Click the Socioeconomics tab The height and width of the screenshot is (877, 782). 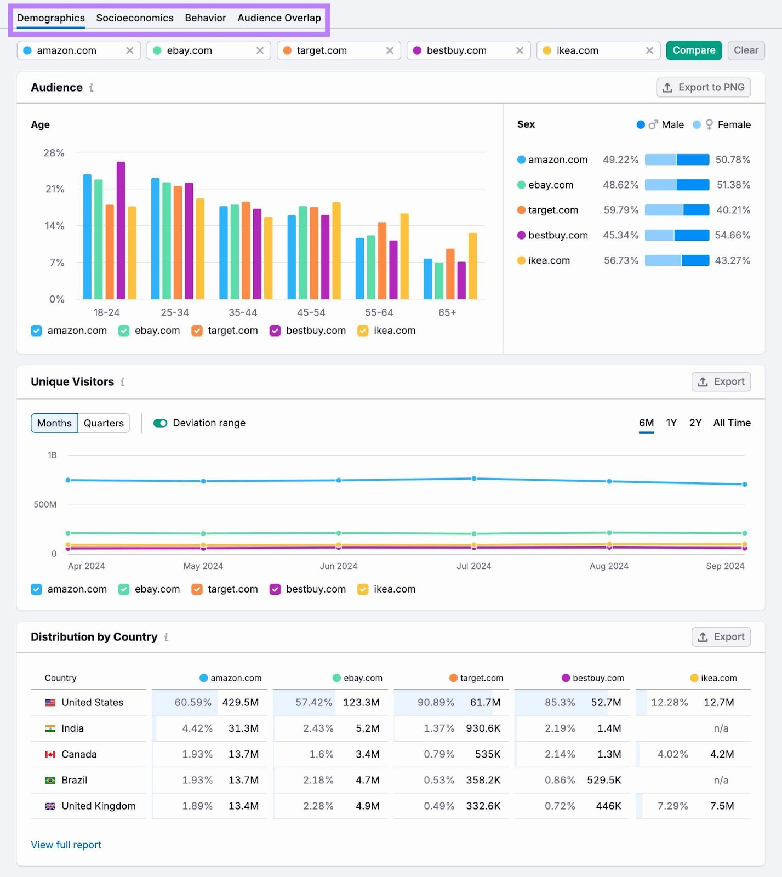point(135,18)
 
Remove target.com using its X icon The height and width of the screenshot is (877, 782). point(390,50)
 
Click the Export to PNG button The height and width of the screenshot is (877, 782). point(703,88)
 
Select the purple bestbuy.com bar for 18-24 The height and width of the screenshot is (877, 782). point(121,230)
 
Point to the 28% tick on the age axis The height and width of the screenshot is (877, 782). point(54,153)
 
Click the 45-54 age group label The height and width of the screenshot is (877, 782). point(311,312)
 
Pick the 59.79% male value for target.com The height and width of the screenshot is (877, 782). point(620,210)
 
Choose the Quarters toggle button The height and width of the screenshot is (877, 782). point(104,423)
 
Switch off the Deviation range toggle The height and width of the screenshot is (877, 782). point(160,423)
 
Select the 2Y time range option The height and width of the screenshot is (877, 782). point(695,423)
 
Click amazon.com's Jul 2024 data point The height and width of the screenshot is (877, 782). point(474,479)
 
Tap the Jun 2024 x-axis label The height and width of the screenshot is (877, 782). point(338,566)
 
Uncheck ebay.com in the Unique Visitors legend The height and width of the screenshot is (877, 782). point(124,589)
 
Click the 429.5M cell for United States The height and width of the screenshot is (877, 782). point(240,703)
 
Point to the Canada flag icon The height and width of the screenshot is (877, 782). point(50,754)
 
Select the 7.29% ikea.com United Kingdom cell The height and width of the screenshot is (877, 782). point(672,806)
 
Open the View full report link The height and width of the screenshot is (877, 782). point(66,845)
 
